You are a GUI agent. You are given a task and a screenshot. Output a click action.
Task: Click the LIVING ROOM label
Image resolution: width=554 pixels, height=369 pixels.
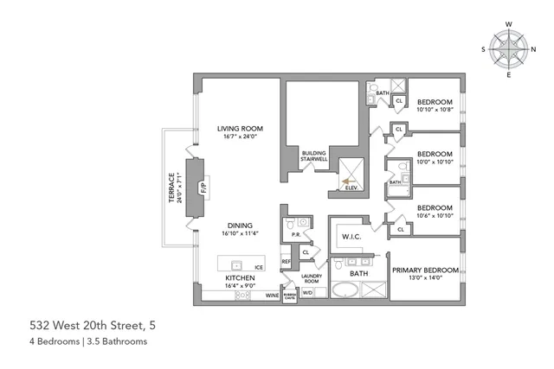click(x=239, y=129)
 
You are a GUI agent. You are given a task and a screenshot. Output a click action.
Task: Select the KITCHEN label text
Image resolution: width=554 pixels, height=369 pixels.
click(x=239, y=277)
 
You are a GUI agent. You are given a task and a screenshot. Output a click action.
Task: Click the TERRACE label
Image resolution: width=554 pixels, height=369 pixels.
click(x=172, y=186)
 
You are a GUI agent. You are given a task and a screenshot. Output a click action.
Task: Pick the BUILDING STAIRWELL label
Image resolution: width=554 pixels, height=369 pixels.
click(x=313, y=156)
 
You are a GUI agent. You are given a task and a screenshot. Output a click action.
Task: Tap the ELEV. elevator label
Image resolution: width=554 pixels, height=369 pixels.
click(x=351, y=187)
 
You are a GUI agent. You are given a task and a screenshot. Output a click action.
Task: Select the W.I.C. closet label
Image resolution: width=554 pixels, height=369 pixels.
click(x=351, y=236)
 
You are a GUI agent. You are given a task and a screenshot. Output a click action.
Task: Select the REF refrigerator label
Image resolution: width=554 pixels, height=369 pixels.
click(x=286, y=261)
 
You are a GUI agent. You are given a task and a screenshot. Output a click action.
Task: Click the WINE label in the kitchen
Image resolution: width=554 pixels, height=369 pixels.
click(x=271, y=295)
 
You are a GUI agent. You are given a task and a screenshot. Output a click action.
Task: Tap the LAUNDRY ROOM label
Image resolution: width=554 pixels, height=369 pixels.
click(x=312, y=278)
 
